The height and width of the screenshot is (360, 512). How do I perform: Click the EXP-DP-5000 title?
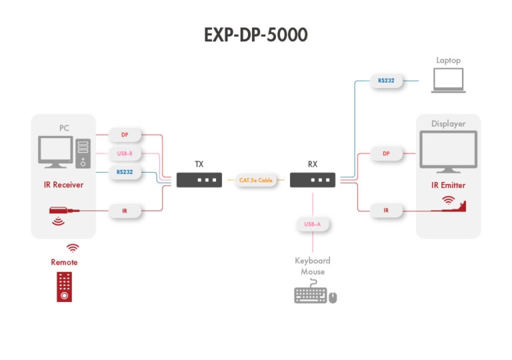tap(256, 35)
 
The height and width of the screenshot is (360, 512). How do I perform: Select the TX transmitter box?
tap(199, 180)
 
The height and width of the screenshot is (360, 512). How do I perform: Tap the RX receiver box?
tap(312, 180)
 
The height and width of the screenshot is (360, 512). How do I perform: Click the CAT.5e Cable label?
tap(256, 180)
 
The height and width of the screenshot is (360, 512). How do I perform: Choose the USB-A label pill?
tap(312, 224)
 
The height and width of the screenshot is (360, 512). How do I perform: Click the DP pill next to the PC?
tap(125, 135)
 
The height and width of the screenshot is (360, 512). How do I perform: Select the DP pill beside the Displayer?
tap(386, 153)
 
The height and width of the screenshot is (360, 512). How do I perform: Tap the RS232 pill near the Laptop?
tap(386, 81)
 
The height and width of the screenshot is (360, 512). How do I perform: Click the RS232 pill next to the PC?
tap(125, 172)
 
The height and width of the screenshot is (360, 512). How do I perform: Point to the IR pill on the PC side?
tap(125, 211)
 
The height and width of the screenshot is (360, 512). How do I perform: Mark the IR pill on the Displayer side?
tap(386, 211)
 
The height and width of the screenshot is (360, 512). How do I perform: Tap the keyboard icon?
tap(310, 295)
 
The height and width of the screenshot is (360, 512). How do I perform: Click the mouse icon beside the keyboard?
tap(333, 297)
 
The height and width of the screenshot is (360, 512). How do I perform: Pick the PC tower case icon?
tap(83, 153)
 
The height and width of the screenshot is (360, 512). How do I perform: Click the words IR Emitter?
tap(448, 185)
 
